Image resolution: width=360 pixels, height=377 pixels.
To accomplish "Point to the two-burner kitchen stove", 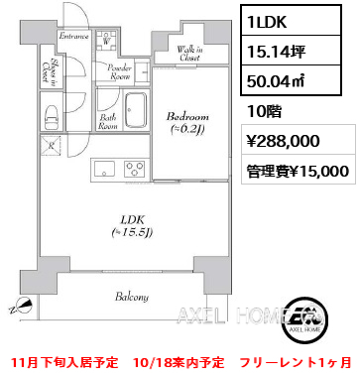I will pos(133,169).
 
